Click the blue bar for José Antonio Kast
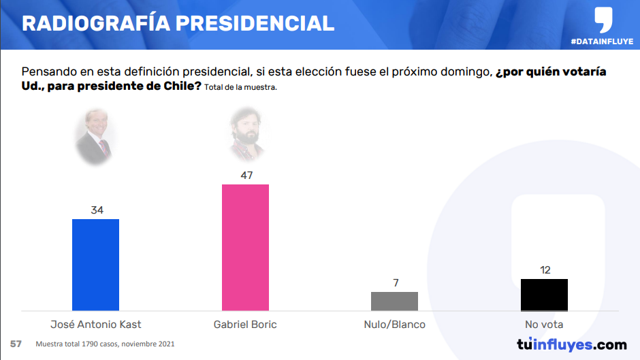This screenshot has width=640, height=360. click(95, 265)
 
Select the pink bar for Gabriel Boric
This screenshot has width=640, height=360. click(245, 247)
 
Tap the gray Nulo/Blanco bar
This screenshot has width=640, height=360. click(394, 301)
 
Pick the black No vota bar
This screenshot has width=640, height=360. click(544, 295)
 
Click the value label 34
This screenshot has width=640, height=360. click(97, 210)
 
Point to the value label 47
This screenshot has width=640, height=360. click(246, 176)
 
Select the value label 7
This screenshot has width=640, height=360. click(396, 283)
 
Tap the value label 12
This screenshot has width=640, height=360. click(545, 270)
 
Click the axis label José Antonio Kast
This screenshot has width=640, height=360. click(96, 325)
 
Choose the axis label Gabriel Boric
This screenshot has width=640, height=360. click(246, 325)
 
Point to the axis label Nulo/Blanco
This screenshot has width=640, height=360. click(395, 325)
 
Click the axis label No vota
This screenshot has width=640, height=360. click(544, 325)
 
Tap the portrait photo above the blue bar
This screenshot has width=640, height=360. click(95, 137)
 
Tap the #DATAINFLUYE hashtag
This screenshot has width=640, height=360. click(602, 42)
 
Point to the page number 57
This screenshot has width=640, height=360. click(16, 344)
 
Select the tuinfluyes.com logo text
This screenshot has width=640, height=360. click(571, 344)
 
